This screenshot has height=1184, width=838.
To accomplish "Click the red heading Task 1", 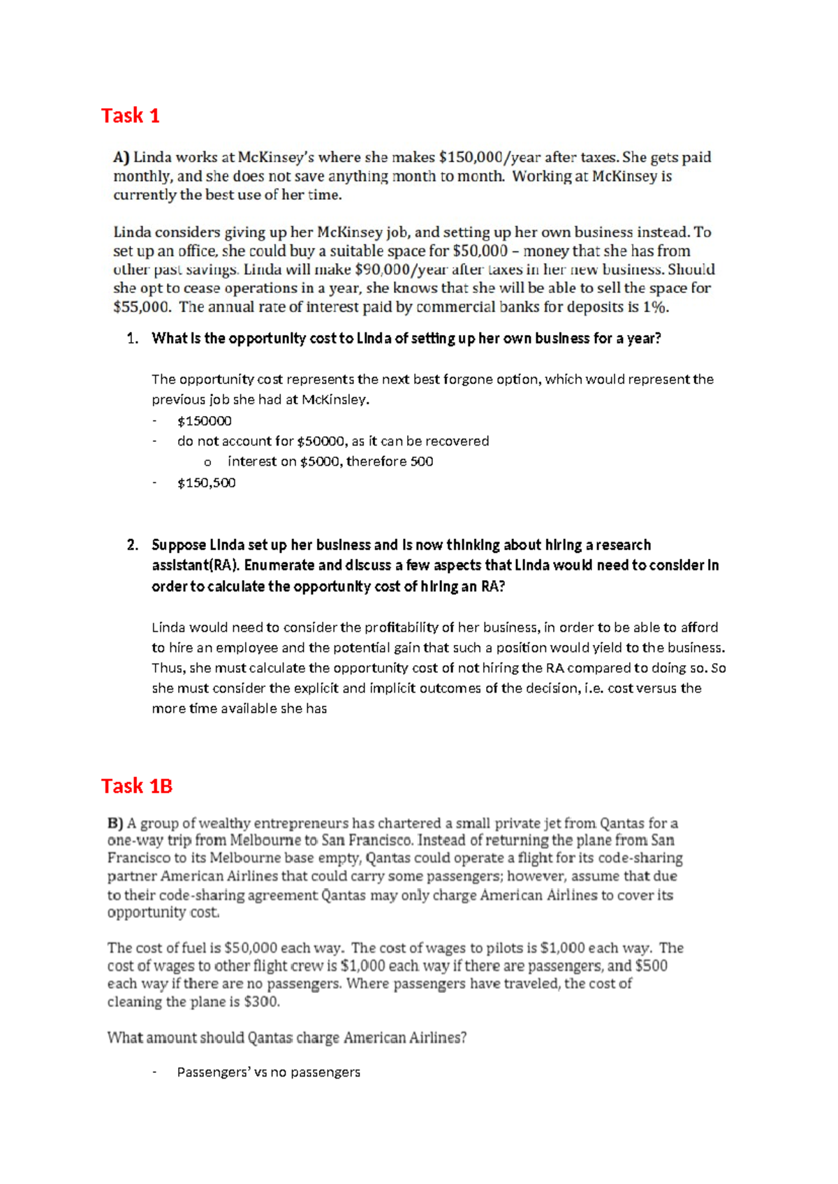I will point(130,115).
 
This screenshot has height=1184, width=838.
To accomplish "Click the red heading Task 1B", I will point(136,786).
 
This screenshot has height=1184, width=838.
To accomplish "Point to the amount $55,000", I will point(141,306).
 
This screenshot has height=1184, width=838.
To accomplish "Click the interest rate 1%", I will point(656,306).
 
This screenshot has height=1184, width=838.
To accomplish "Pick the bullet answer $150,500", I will point(206,482).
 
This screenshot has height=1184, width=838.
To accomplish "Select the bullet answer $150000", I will point(204,421).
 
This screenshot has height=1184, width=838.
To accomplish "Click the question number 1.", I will point(132,339).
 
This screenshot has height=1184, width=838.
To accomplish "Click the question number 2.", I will point(132,545).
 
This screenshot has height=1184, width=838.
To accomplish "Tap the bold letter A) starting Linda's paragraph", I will point(122,158).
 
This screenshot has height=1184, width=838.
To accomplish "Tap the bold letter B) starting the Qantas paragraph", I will point(115,823).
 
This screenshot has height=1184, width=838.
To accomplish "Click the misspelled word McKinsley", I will point(333,400).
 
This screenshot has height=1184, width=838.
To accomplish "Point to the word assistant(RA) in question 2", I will point(195,565).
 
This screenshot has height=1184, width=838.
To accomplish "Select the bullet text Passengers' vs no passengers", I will point(268,1072).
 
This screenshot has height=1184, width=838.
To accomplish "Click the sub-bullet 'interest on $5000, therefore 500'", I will point(330,461).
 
